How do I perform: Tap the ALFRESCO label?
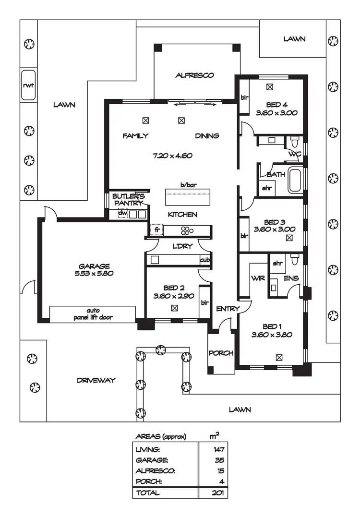194,75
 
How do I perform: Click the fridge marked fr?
156,230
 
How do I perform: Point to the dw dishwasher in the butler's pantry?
123,214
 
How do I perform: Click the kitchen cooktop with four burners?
185,230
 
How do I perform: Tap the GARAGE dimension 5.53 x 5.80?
95,274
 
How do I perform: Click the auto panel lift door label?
92,314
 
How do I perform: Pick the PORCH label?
221,353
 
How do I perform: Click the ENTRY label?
227,309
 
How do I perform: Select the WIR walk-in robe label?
255,278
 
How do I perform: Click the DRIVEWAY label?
96,380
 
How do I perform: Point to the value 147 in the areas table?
219,449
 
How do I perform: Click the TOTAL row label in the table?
148,493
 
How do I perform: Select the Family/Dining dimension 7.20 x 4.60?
172,156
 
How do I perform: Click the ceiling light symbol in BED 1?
279,357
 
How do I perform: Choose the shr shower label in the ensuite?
277,263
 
